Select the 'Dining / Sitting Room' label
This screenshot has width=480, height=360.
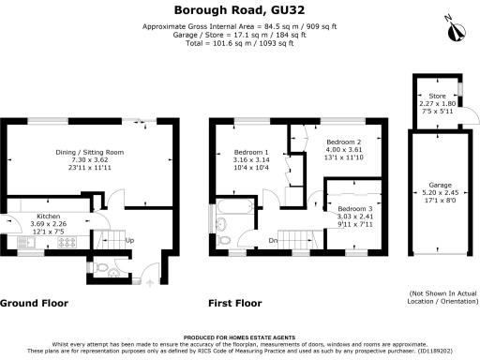[92, 152]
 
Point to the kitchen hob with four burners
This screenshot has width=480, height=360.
[69, 243]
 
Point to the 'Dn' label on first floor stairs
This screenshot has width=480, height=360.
[273, 240]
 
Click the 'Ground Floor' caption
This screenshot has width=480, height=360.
[34, 303]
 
